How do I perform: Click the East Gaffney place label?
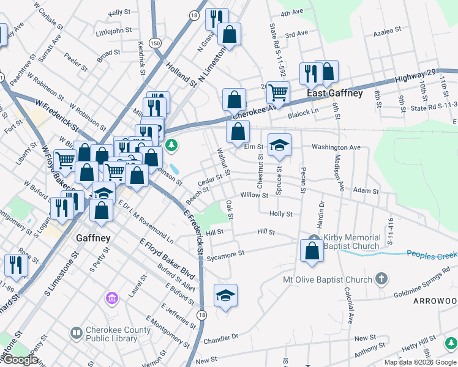tap(334, 94)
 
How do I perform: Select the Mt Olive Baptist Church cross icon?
tap(381, 280)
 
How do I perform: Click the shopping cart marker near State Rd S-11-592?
tap(278, 93)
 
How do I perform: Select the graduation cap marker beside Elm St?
tap(279, 146)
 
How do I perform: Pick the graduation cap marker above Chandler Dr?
tap(225, 295)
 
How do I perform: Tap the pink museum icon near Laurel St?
tap(111, 298)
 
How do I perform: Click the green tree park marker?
tap(173, 146)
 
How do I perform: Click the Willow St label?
tap(254, 195)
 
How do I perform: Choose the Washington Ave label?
tap(336, 147)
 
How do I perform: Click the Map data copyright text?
tap(420, 362)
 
